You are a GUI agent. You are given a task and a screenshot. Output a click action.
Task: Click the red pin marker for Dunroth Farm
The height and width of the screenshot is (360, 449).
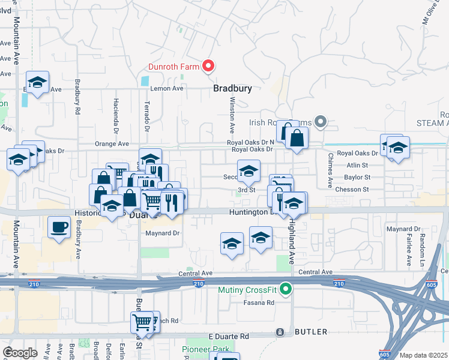click(208, 66)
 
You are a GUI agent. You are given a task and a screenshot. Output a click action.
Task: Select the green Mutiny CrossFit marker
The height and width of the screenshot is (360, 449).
click(286, 290)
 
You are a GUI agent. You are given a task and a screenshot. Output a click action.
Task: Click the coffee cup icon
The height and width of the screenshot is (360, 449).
click(58, 227)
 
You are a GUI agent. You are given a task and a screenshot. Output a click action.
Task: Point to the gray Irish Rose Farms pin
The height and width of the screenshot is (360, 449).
click(321, 122)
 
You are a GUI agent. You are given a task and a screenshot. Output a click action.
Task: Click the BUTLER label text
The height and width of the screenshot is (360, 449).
click(310, 332)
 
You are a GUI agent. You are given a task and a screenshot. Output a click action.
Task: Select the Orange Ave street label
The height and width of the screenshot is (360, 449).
click(112, 144)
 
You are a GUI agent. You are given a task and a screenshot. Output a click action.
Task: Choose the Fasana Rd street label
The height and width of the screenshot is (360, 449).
click(259, 302)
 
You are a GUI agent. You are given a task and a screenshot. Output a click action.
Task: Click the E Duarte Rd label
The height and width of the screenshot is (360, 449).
click(228, 336)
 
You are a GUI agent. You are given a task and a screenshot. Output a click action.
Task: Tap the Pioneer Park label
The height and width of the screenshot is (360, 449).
click(206, 349)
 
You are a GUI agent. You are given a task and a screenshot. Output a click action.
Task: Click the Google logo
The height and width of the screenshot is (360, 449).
click(20, 353)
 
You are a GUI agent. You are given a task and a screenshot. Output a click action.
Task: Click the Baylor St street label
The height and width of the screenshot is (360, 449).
click(357, 178)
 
